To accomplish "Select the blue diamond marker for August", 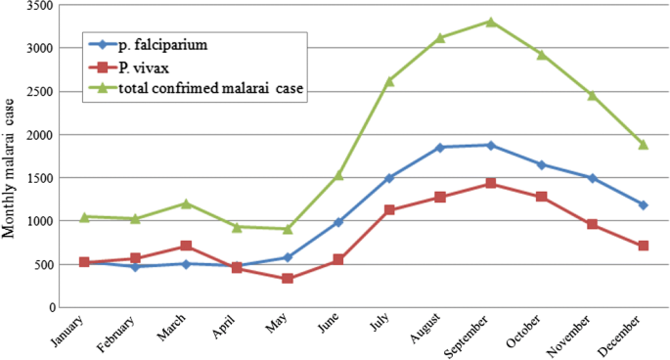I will click(440, 148).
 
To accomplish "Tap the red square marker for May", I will click(288, 279).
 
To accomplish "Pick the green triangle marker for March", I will click(186, 203).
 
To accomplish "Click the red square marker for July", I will click(389, 210).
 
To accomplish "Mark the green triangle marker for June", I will click(338, 175).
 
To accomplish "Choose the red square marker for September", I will click(491, 183).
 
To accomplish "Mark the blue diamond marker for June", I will click(338, 222).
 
